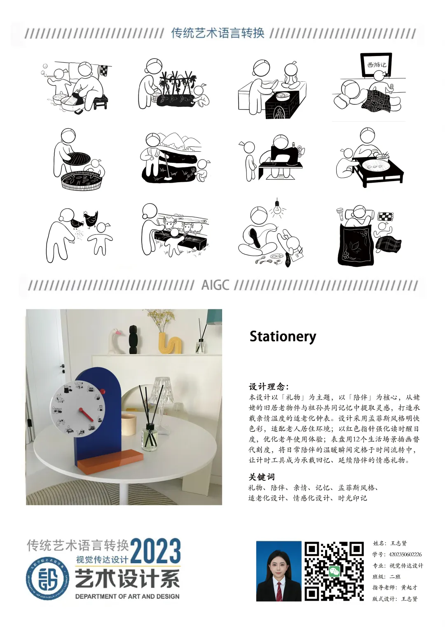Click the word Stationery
(283, 337)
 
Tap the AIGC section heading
(215, 285)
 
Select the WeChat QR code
(334, 571)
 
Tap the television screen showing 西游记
(377, 65)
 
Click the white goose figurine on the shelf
(115, 341)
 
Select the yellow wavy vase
(169, 343)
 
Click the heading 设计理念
(269, 387)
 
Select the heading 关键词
(261, 477)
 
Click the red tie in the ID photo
(279, 592)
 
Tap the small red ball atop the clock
(103, 391)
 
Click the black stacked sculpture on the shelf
(133, 339)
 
